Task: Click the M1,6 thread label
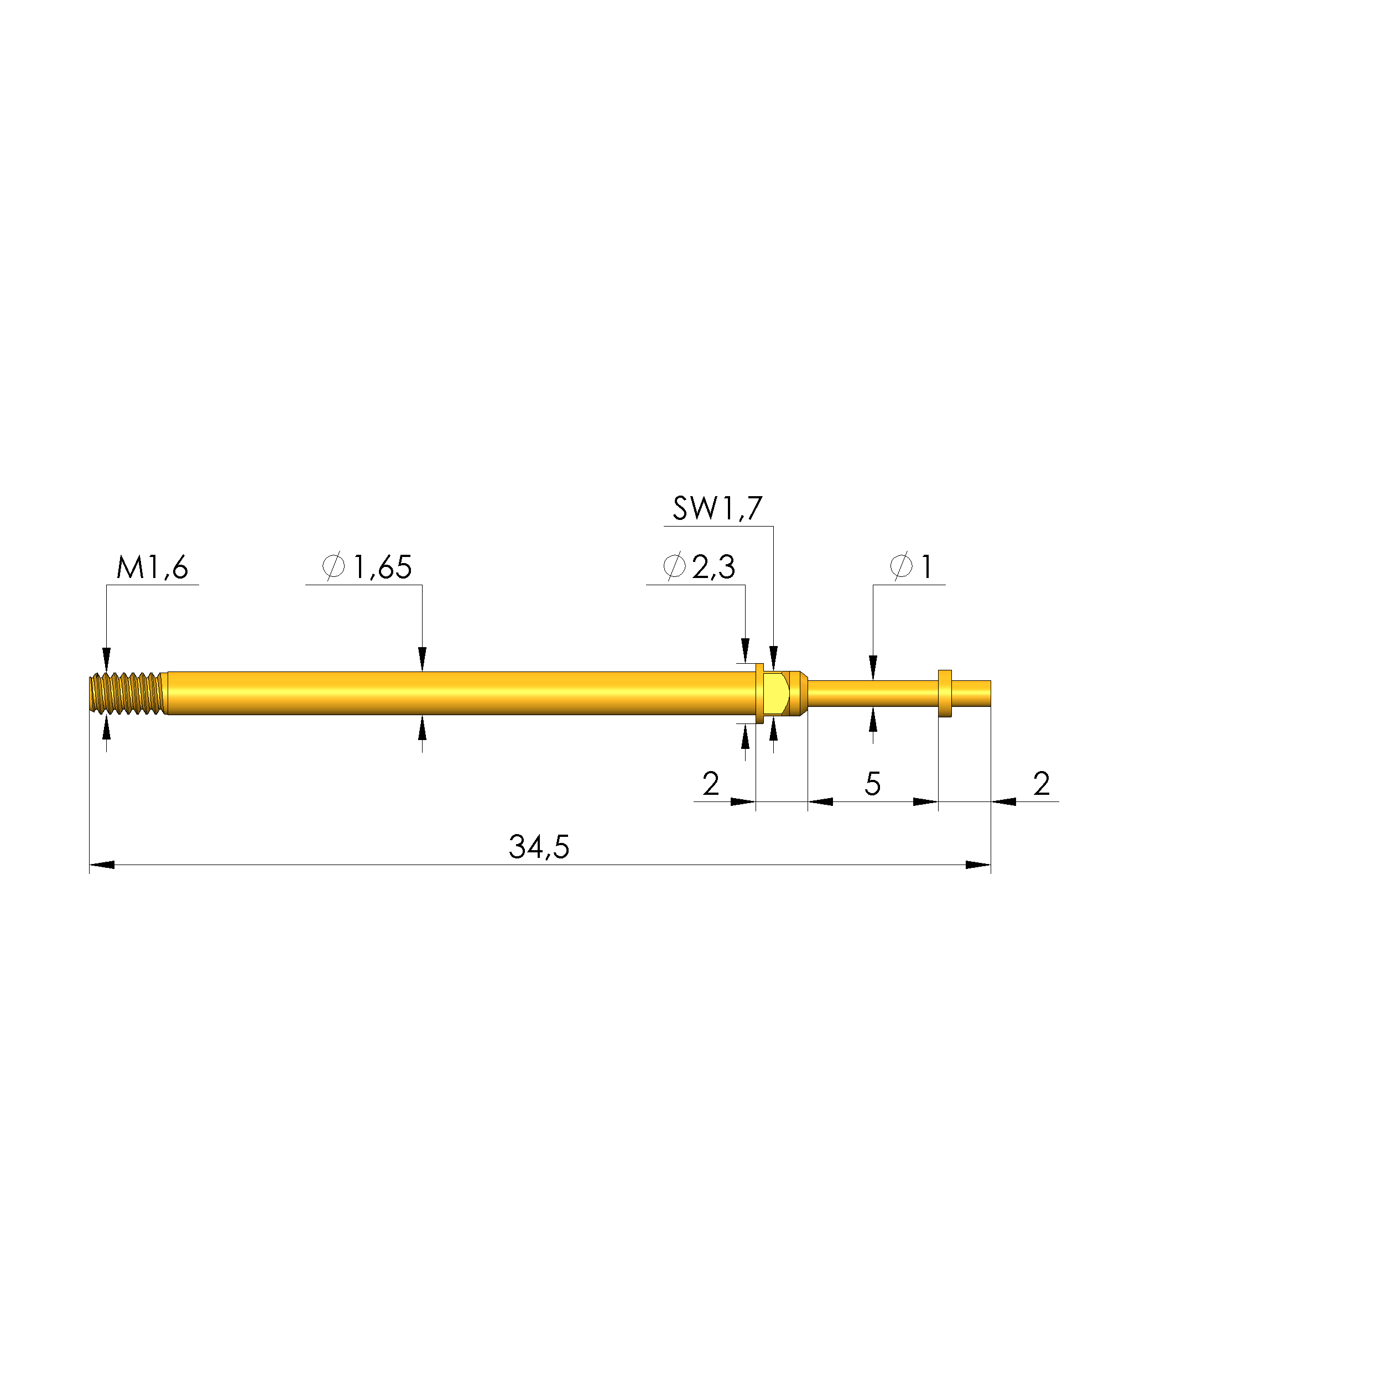(x=152, y=567)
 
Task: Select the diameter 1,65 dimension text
(x=367, y=567)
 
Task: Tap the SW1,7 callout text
(x=717, y=508)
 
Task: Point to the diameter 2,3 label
(x=699, y=567)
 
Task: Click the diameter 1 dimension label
(x=911, y=567)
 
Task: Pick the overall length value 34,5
(x=539, y=847)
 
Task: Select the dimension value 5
(x=872, y=784)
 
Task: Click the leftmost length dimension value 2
(x=710, y=784)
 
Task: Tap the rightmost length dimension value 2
(x=1042, y=784)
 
